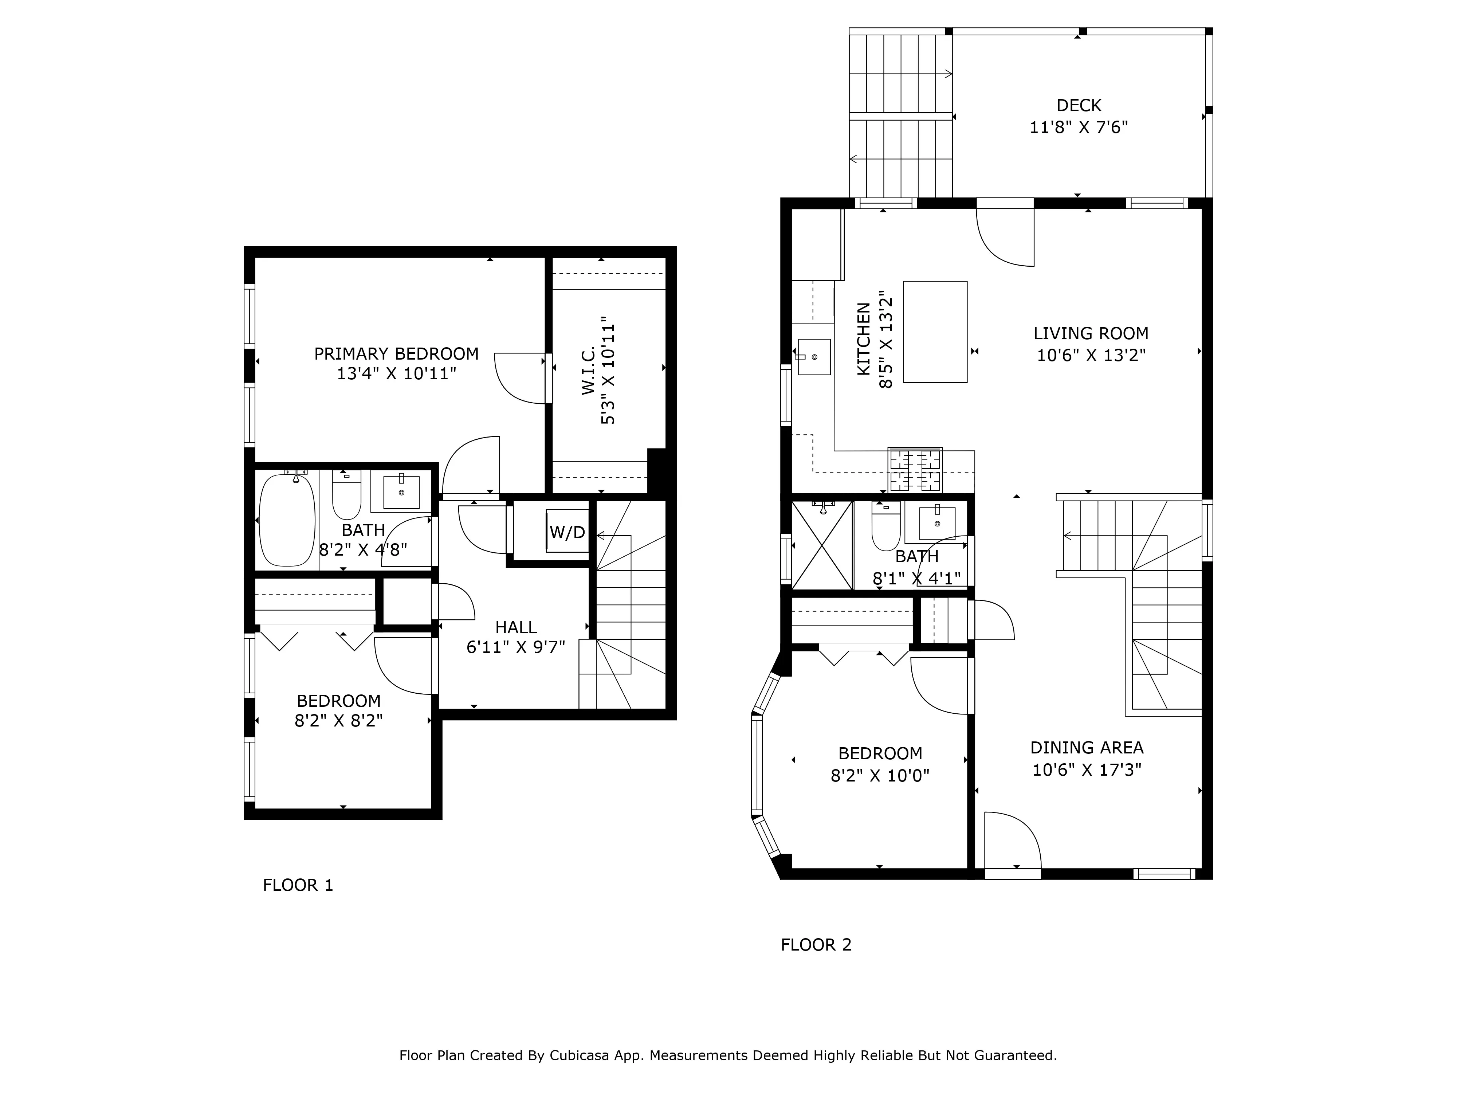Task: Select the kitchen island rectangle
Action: (935, 332)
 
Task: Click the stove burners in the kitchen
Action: (915, 470)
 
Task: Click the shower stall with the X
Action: (821, 545)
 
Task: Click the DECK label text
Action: (1078, 105)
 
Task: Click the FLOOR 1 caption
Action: (298, 885)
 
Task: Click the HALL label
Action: (516, 627)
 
